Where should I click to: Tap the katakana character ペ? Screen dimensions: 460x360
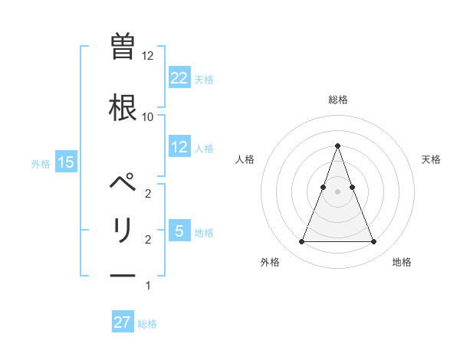tap(123, 185)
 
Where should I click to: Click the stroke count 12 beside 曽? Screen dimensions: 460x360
tap(148, 56)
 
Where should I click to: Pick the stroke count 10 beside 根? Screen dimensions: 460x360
tap(148, 116)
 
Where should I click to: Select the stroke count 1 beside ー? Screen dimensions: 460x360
tap(148, 286)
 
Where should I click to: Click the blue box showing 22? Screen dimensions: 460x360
tap(179, 78)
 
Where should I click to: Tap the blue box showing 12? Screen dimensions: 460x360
tap(179, 147)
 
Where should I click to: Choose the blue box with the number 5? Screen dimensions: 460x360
tap(179, 231)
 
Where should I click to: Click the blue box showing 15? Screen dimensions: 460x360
tap(65, 162)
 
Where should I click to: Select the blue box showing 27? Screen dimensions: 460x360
tap(123, 322)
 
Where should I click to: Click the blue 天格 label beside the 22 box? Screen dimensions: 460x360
tap(204, 79)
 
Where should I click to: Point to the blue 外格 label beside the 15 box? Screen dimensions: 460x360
tap(41, 163)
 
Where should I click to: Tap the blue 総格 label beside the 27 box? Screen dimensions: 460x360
tap(147, 323)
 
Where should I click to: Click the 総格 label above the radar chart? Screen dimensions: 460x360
tap(337, 100)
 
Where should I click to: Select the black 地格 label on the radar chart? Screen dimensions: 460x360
tap(402, 262)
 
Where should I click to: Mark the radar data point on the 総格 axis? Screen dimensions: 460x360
tap(337, 146)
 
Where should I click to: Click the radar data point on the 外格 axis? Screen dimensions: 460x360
tap(301, 242)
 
